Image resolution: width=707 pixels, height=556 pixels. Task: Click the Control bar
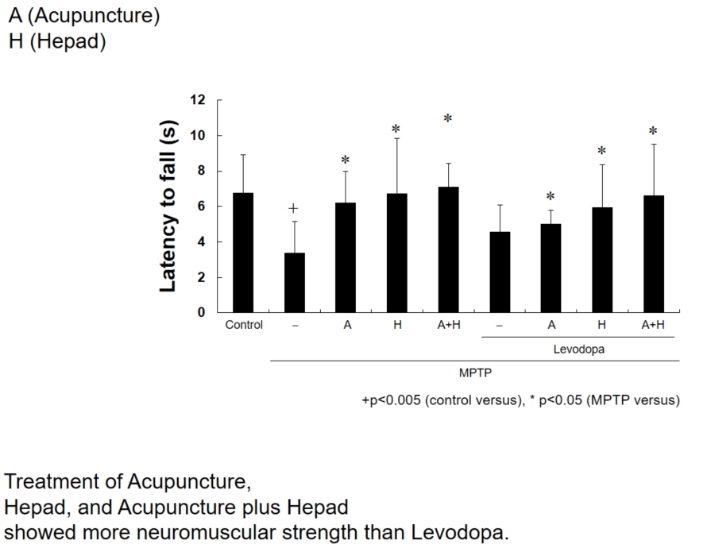(243, 253)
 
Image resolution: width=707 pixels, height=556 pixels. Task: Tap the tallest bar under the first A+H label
(448, 249)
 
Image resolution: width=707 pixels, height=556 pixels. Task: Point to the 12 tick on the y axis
(198, 100)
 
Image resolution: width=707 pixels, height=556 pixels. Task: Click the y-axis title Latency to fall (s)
(168, 207)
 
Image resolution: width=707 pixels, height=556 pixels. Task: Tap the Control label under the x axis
(243, 325)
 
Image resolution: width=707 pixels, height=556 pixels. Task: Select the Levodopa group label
(577, 348)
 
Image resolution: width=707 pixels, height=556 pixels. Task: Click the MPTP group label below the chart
(474, 371)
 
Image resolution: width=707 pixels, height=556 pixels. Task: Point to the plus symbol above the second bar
(293, 208)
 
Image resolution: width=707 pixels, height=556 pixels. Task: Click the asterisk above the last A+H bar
(653, 132)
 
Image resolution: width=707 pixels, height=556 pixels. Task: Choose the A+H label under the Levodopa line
(653, 325)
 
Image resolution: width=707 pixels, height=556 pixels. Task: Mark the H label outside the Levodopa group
(397, 325)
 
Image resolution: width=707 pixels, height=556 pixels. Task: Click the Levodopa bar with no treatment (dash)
(500, 272)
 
